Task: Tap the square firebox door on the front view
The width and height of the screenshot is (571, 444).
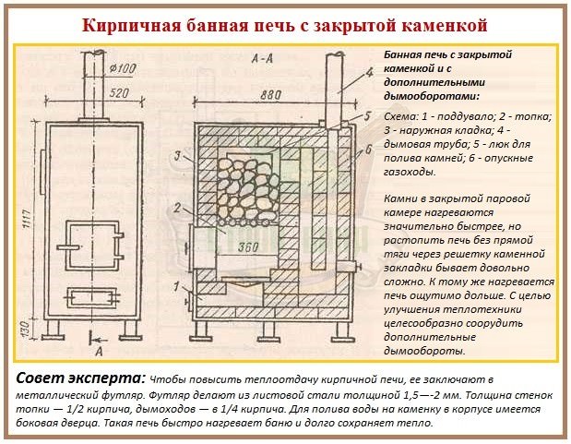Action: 90,242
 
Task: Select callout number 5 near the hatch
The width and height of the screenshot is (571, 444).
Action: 367,116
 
